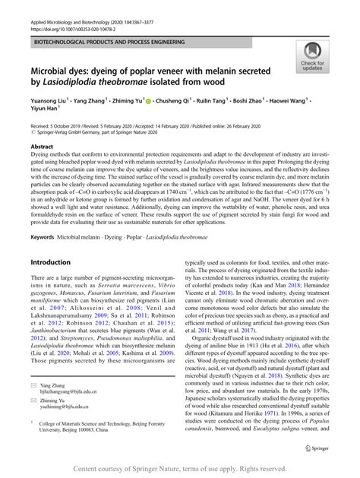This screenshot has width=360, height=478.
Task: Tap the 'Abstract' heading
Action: coord(42,146)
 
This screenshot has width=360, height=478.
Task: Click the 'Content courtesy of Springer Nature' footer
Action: coord(180,470)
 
